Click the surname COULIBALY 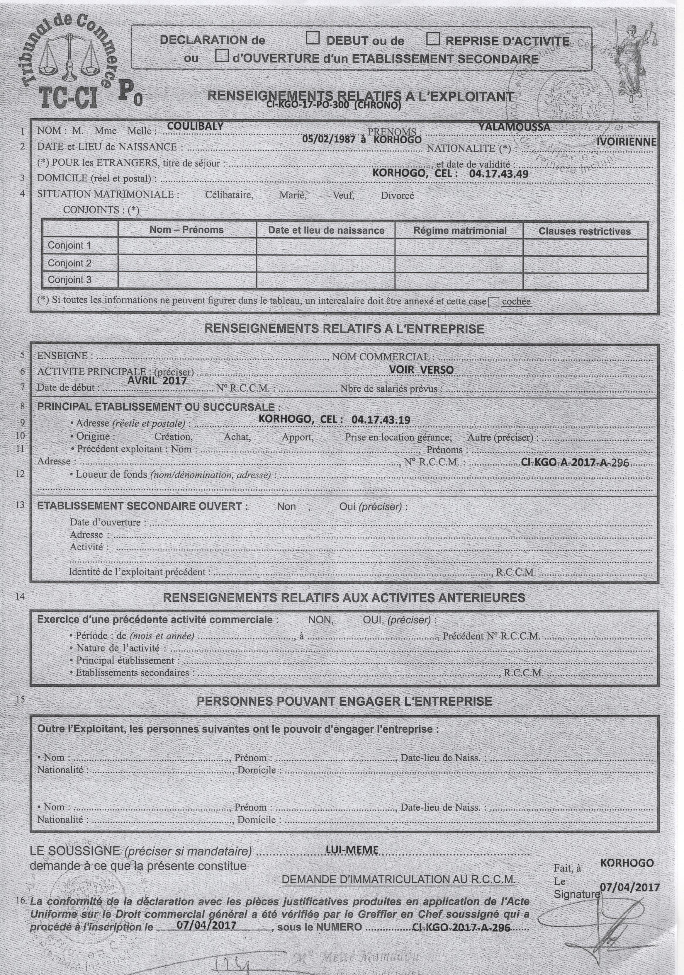point(196,126)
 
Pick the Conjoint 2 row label point(69,263)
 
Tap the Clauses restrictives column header point(585,232)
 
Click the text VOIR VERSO point(421,370)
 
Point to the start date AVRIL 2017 point(157,380)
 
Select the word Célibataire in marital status point(229,196)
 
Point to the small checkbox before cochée point(494,302)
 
